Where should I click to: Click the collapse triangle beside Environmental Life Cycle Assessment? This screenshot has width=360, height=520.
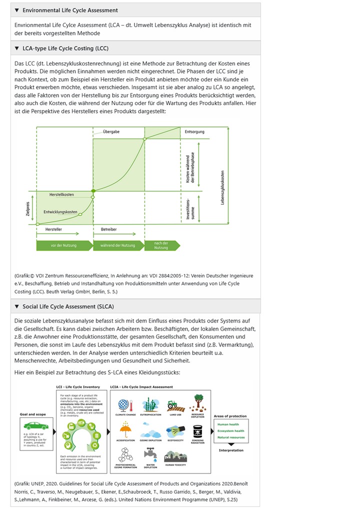pyautogui.click(x=16, y=10)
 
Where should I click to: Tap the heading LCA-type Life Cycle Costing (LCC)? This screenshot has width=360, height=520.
pyautogui.click(x=65, y=48)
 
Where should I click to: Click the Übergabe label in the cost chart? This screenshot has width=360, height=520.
pyautogui.click(x=111, y=131)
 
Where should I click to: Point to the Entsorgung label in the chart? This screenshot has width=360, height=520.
pyautogui.click(x=194, y=131)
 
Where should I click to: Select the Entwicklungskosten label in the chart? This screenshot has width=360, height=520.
pyautogui.click(x=60, y=212)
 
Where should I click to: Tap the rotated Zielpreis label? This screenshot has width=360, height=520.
pyautogui.click(x=28, y=208)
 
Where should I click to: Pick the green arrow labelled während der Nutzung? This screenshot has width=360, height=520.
pyautogui.click(x=117, y=245)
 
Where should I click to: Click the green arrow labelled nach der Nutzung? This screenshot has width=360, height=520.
pyautogui.click(x=161, y=245)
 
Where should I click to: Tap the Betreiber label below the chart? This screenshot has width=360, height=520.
pyautogui.click(x=109, y=228)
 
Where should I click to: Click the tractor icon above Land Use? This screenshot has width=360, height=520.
pyautogui.click(x=172, y=404)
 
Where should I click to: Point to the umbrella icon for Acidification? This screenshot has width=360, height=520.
pyautogui.click(x=125, y=430)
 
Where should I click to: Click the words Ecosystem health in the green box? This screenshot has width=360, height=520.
pyautogui.click(x=231, y=431)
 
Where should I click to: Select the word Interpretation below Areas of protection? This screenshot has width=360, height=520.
pyautogui.click(x=230, y=450)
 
